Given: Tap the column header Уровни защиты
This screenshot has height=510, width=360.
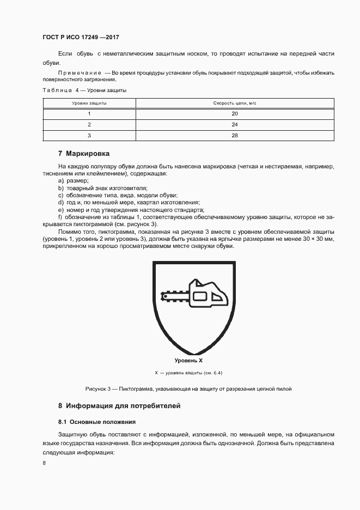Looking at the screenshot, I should (89, 102).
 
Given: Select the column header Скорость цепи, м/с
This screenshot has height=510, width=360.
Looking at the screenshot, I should (234, 102).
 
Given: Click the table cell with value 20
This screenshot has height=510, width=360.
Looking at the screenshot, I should (234, 113).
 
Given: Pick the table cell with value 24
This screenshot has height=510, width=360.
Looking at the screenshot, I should (234, 124).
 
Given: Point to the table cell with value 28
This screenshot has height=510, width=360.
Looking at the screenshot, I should (234, 135).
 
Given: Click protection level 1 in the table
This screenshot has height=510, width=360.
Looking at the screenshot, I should (89, 113).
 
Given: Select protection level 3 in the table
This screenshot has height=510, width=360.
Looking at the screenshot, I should (89, 135).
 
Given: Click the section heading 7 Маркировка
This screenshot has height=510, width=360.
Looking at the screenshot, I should (84, 153).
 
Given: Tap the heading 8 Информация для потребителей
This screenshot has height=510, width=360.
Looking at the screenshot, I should (119, 406).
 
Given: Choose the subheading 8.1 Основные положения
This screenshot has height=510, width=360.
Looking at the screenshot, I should (97, 422).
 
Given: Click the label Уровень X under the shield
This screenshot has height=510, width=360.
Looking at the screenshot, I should (188, 361).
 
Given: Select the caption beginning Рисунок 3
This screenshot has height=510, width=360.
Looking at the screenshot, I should (188, 389).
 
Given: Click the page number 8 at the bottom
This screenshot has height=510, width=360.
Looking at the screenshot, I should (44, 463).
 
